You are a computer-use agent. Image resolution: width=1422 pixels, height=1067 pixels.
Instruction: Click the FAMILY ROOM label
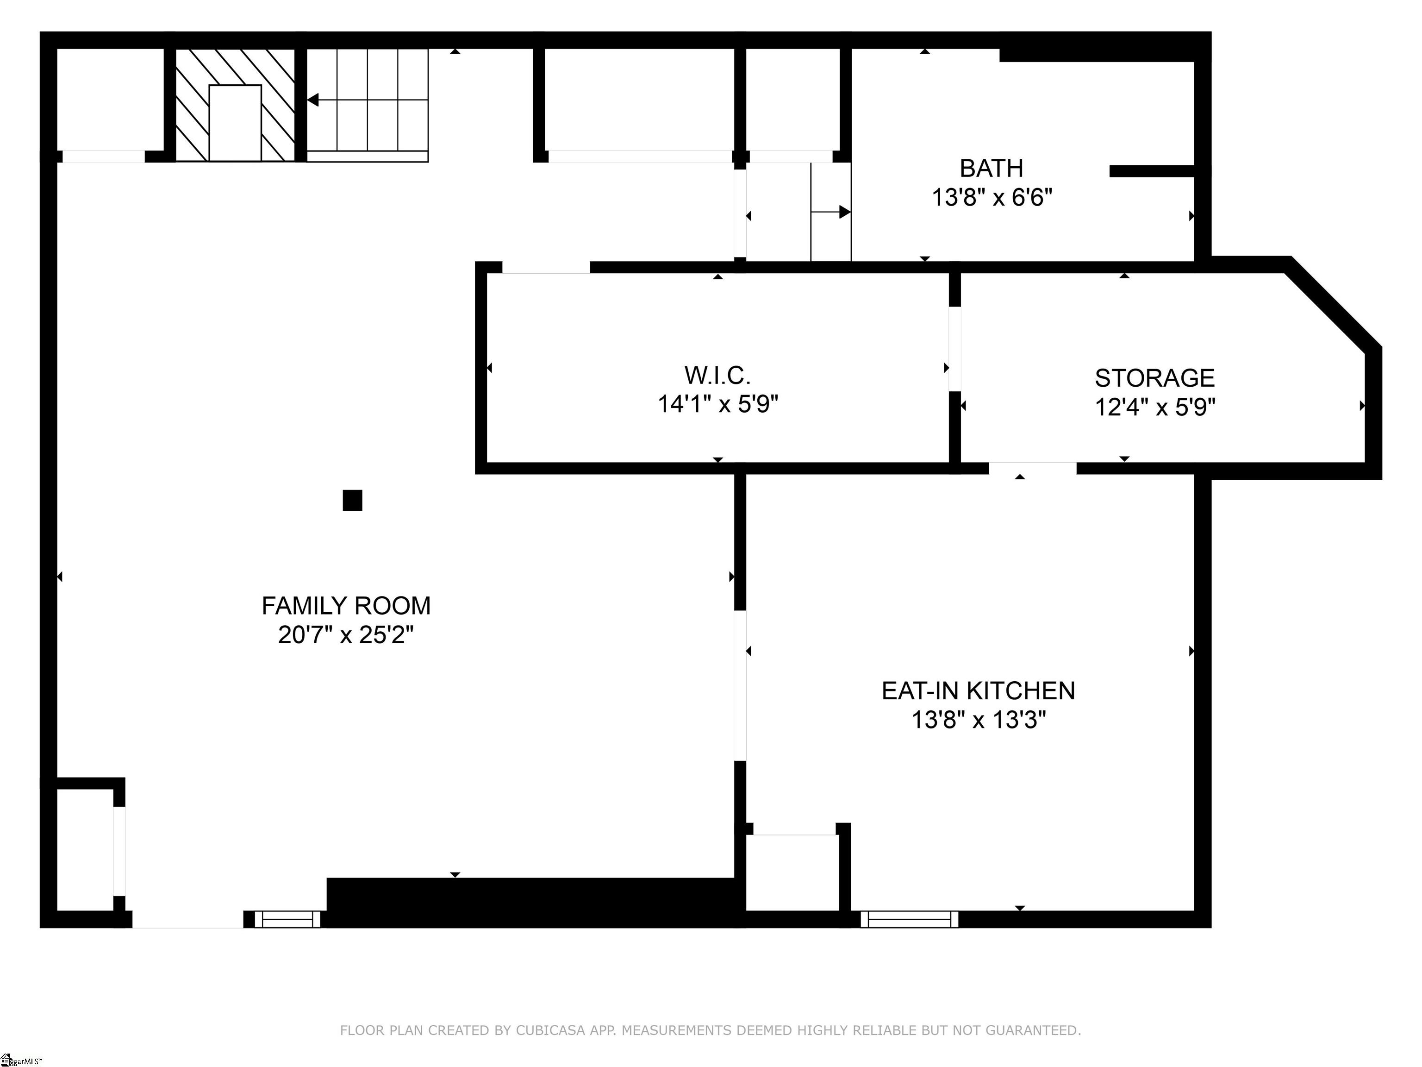pos(346,606)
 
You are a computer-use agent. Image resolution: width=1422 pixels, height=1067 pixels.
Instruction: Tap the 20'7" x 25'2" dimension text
pos(346,635)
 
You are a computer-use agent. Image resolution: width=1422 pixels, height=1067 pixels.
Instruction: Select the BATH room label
pos(992,169)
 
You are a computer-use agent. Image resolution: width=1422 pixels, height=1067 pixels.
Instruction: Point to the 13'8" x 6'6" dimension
pos(992,197)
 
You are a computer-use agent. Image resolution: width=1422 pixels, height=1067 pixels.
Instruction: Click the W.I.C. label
pos(717,375)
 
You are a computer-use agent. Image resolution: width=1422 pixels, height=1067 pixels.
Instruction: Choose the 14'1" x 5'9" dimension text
pos(717,405)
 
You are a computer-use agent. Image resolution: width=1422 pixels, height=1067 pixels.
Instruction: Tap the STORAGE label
pos(1154,378)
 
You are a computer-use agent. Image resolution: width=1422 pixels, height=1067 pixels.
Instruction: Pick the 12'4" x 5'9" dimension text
pos(1154,407)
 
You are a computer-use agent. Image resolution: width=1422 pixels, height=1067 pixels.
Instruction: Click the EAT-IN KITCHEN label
pos(978,691)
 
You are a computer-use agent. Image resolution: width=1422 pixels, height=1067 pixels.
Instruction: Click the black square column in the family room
pos(352,500)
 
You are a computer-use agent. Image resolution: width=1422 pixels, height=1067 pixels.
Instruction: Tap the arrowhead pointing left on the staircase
pos(313,100)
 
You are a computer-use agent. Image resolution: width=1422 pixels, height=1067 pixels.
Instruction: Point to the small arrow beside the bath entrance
pos(843,212)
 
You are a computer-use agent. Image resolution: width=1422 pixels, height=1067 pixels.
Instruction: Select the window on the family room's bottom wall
pos(287,920)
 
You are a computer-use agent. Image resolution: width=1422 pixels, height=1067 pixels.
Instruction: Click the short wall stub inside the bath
pos(1151,171)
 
